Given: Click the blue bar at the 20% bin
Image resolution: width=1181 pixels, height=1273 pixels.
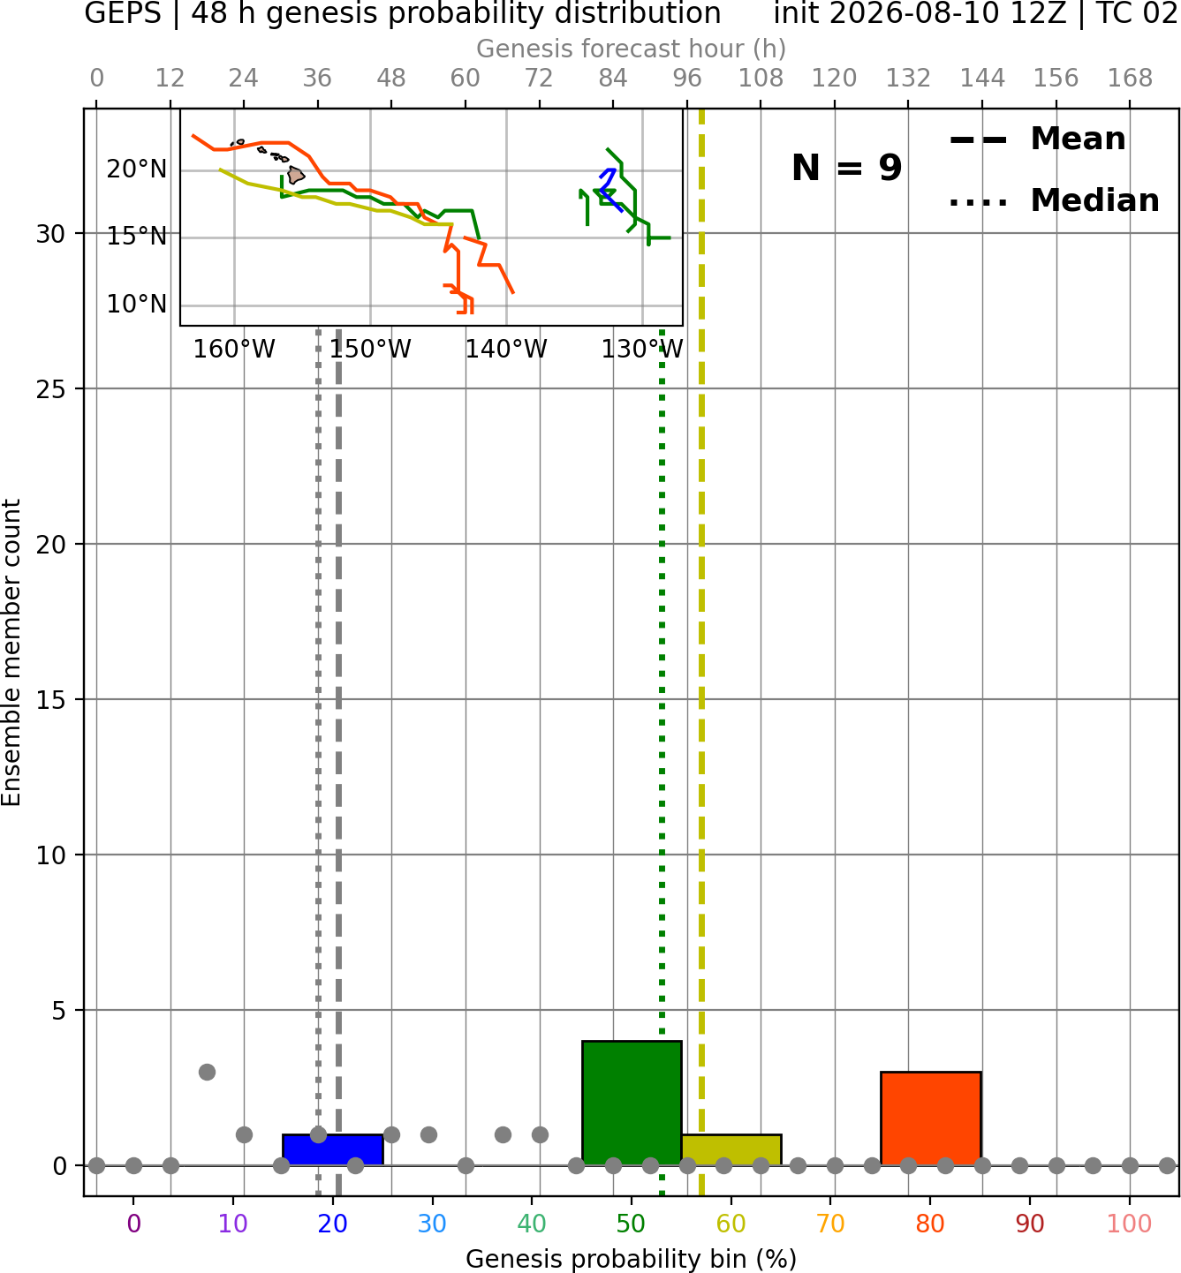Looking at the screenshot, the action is point(333,1149).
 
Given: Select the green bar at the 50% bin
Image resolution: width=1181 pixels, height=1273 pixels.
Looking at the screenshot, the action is point(632,1103).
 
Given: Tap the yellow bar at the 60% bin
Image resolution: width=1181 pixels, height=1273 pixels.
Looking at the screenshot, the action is point(731,1149).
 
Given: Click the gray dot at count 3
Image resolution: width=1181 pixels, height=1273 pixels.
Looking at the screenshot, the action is point(207,1072).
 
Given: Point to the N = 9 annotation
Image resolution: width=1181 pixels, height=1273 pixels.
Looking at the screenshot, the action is point(847,168).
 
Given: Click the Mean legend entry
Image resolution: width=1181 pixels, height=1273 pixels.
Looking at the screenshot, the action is point(1037,139).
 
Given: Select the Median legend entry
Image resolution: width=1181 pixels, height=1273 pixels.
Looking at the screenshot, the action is point(1054,201).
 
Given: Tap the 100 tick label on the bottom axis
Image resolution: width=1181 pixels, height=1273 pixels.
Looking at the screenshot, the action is point(1130,1224).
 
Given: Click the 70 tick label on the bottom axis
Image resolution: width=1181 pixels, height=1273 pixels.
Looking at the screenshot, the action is point(830,1224).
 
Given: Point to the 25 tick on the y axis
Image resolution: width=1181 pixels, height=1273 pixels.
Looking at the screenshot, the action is point(50,389).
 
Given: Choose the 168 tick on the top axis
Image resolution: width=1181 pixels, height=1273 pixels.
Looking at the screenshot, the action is point(1130,79).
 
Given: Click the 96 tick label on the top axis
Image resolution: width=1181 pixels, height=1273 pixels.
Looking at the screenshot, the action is point(687,79).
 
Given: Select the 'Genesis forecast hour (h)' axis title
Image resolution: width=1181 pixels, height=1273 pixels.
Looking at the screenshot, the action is point(632,49).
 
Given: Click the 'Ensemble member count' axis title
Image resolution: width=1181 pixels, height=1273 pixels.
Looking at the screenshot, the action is point(11,652).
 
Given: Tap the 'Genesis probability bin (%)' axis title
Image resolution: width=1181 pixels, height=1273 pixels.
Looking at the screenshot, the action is point(632,1259).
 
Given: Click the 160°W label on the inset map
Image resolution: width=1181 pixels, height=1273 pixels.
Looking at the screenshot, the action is point(234,350).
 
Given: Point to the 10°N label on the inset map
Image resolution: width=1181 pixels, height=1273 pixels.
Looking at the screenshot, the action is point(137,305).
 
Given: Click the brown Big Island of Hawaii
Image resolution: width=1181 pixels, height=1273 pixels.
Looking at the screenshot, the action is point(295,175).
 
